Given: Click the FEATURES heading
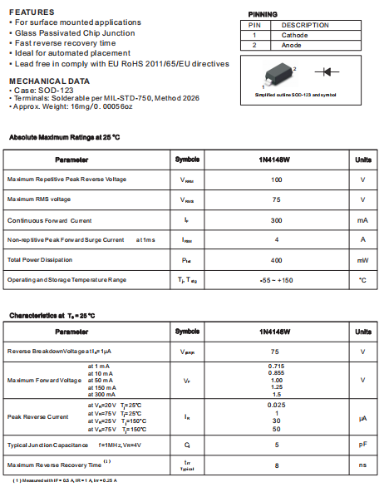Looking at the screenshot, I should (32, 12).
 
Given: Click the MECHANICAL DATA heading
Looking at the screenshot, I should (49, 81).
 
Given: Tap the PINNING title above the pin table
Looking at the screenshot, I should (263, 14).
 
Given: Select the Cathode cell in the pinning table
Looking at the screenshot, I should (294, 35).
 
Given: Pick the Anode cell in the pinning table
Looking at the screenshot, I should (292, 45).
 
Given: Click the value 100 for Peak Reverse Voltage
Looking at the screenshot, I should (277, 180).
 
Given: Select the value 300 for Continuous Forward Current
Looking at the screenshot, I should (277, 220).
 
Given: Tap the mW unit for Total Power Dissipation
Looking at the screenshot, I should (362, 260).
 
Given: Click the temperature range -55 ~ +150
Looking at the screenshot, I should (277, 280).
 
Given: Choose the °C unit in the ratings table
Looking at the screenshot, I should (362, 280).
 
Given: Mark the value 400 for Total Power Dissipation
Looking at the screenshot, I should (277, 260).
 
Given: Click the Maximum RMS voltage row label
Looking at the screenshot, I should (39, 199).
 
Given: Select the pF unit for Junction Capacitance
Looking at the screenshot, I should (362, 445).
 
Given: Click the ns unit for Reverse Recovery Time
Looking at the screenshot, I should (362, 465).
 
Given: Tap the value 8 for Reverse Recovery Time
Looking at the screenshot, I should (277, 465).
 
